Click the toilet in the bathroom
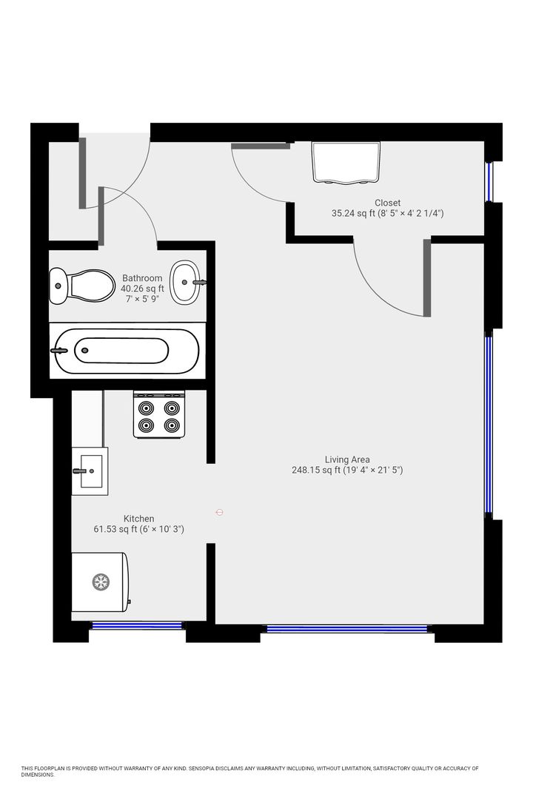tap(81, 286)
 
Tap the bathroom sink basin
tap(185, 283)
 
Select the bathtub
tap(127, 351)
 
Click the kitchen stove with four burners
tap(159, 414)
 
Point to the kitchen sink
tap(90, 471)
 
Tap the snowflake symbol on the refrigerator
tap(101, 582)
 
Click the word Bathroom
tap(142, 278)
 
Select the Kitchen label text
tap(138, 519)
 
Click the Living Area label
tap(347, 459)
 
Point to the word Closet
tap(388, 203)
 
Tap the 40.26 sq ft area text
tap(142, 289)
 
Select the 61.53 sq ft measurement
tap(115, 530)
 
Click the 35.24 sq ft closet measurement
tap(353, 214)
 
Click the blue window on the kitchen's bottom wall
tap(136, 625)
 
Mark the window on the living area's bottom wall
tap(347, 629)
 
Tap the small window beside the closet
tap(489, 181)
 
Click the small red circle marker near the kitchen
tap(219, 512)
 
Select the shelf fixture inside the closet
tap(346, 162)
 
